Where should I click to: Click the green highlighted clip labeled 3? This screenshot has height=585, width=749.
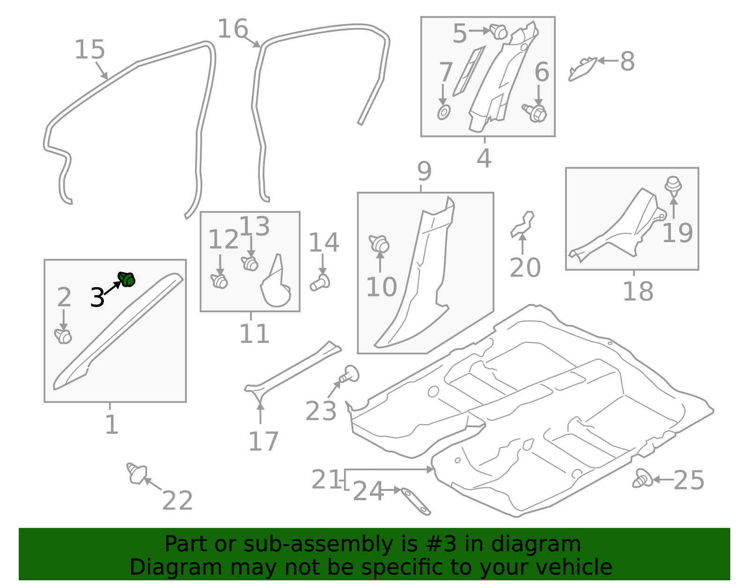(126, 279)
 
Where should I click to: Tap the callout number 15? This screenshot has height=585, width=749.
(90, 50)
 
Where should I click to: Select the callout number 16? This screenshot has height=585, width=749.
(233, 29)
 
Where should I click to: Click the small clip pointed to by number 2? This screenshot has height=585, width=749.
(63, 336)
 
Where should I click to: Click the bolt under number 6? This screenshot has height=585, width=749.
(536, 112)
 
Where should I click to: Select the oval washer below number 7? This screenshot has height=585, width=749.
(443, 112)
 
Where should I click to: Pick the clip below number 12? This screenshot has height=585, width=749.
(219, 281)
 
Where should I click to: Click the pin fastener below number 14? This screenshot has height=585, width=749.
(320, 283)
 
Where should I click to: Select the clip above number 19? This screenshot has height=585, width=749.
(673, 184)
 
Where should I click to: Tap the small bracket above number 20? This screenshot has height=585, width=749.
(522, 224)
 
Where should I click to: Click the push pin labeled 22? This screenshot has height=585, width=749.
(136, 474)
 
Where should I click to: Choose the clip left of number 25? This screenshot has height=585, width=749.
(643, 479)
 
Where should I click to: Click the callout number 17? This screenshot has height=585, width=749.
(263, 441)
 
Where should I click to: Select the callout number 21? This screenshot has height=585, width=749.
(326, 480)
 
